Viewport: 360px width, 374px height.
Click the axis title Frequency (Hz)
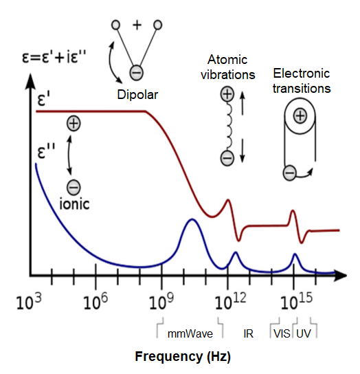click(x=183, y=357)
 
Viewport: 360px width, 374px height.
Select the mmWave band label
click(x=190, y=333)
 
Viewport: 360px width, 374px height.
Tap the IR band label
click(x=248, y=333)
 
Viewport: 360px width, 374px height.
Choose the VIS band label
click(x=282, y=333)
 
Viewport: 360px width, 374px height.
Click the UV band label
click(x=304, y=333)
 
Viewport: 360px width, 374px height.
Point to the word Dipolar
click(x=137, y=95)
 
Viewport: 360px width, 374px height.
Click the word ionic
click(x=74, y=204)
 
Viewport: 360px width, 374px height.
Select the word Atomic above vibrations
click(x=227, y=59)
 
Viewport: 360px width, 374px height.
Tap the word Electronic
click(x=302, y=74)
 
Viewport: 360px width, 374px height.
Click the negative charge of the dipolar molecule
click(x=136, y=72)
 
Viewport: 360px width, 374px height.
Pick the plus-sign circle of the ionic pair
click(x=74, y=123)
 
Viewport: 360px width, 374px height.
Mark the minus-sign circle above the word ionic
click(x=74, y=187)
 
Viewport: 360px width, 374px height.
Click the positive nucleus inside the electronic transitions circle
click(x=300, y=116)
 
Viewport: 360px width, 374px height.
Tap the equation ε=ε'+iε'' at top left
click(x=54, y=58)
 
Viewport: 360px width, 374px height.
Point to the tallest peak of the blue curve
click(x=192, y=219)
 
